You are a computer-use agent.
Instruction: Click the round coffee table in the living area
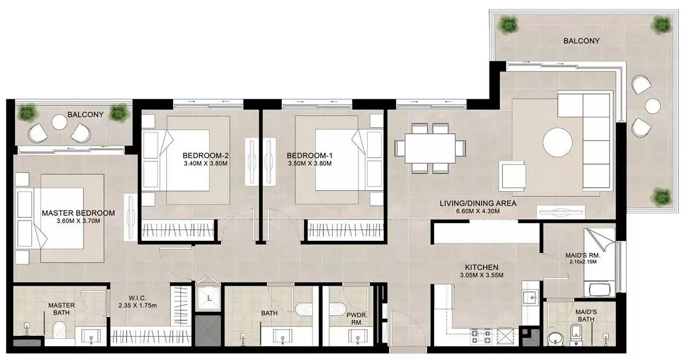tap(557, 143)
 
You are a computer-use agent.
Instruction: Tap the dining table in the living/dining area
tap(430, 148)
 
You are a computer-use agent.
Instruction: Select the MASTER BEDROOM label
tap(79, 213)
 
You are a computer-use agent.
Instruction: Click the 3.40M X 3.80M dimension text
tap(206, 163)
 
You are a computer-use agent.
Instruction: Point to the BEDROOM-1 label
tap(309, 155)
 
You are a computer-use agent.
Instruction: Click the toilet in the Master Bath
tap(59, 330)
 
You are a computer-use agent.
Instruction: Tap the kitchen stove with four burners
tap(481, 336)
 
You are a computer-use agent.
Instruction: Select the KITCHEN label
tap(481, 267)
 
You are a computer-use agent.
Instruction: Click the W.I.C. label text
tap(137, 298)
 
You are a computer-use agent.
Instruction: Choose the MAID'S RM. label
tap(583, 255)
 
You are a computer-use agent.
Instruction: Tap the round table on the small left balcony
tap(59, 122)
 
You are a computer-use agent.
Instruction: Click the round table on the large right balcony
tap(653, 106)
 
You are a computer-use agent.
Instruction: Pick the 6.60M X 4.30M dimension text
tap(478, 211)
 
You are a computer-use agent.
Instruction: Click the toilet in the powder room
tap(337, 309)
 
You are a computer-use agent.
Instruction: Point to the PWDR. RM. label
tap(357, 319)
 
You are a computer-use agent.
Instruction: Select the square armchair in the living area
tap(512, 176)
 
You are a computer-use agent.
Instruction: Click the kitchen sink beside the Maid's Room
tap(532, 298)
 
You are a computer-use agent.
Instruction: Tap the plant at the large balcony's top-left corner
tap(508, 24)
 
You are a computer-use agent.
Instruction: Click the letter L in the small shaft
tap(209, 298)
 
